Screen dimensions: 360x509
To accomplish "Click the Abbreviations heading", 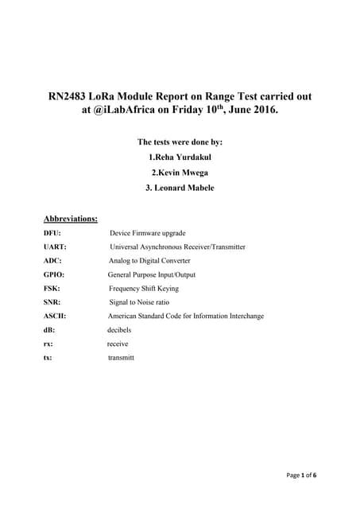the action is tap(71, 217).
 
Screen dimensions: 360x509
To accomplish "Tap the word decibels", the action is tap(119, 330).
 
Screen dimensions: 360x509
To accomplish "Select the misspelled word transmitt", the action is tap(121, 358).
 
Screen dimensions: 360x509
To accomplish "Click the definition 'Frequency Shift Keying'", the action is tap(144, 289).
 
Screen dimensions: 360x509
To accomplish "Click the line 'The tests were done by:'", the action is tap(180, 142).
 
